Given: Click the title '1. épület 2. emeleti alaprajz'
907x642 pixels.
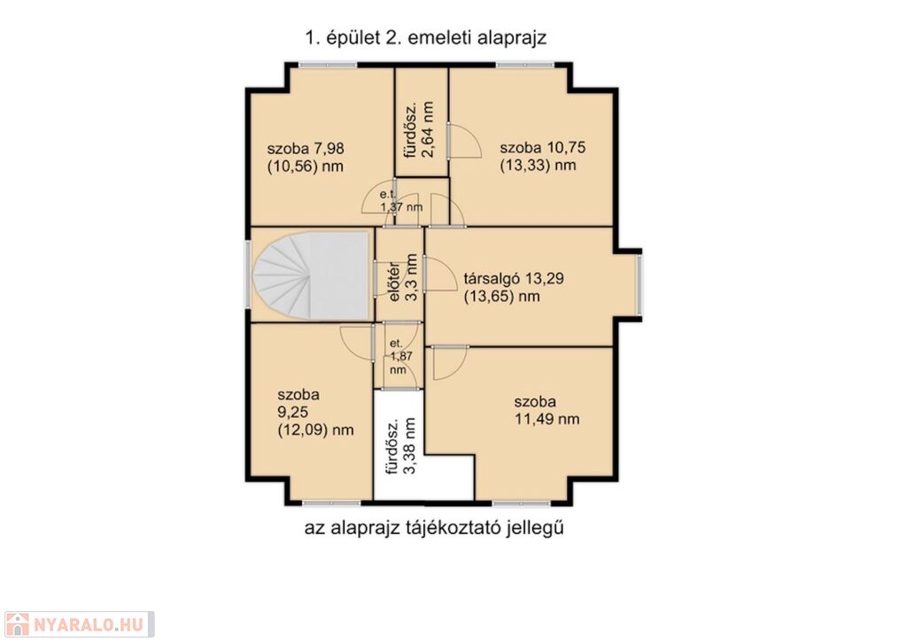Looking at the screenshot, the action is [x=426, y=38].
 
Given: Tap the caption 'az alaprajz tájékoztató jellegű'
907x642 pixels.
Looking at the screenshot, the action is [x=434, y=528].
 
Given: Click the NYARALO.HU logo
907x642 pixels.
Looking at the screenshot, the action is [x=78, y=624].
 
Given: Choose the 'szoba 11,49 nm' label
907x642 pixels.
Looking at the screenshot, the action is [x=547, y=410].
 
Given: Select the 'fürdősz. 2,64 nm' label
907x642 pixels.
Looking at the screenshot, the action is [x=419, y=129].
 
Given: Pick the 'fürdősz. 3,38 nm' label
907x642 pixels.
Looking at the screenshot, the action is [x=401, y=445].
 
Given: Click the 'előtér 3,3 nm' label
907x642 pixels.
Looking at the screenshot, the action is [x=403, y=277].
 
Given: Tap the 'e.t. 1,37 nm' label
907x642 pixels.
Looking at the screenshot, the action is [x=401, y=201].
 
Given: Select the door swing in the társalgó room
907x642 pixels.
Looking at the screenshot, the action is [x=441, y=275].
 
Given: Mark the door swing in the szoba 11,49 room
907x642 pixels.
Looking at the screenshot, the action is [x=450, y=363].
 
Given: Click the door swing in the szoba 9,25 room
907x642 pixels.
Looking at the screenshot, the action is [x=356, y=344].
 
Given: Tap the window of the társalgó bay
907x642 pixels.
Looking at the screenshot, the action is [x=640, y=286].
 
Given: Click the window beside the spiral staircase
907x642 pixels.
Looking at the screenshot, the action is [x=248, y=275].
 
